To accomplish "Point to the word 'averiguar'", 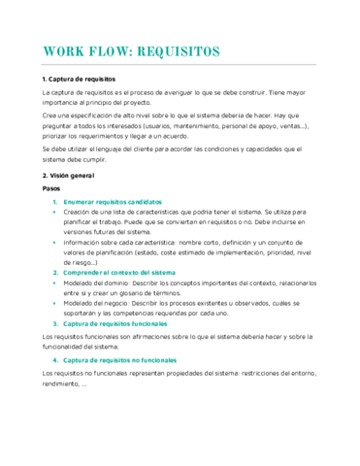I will [x=197, y=91].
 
